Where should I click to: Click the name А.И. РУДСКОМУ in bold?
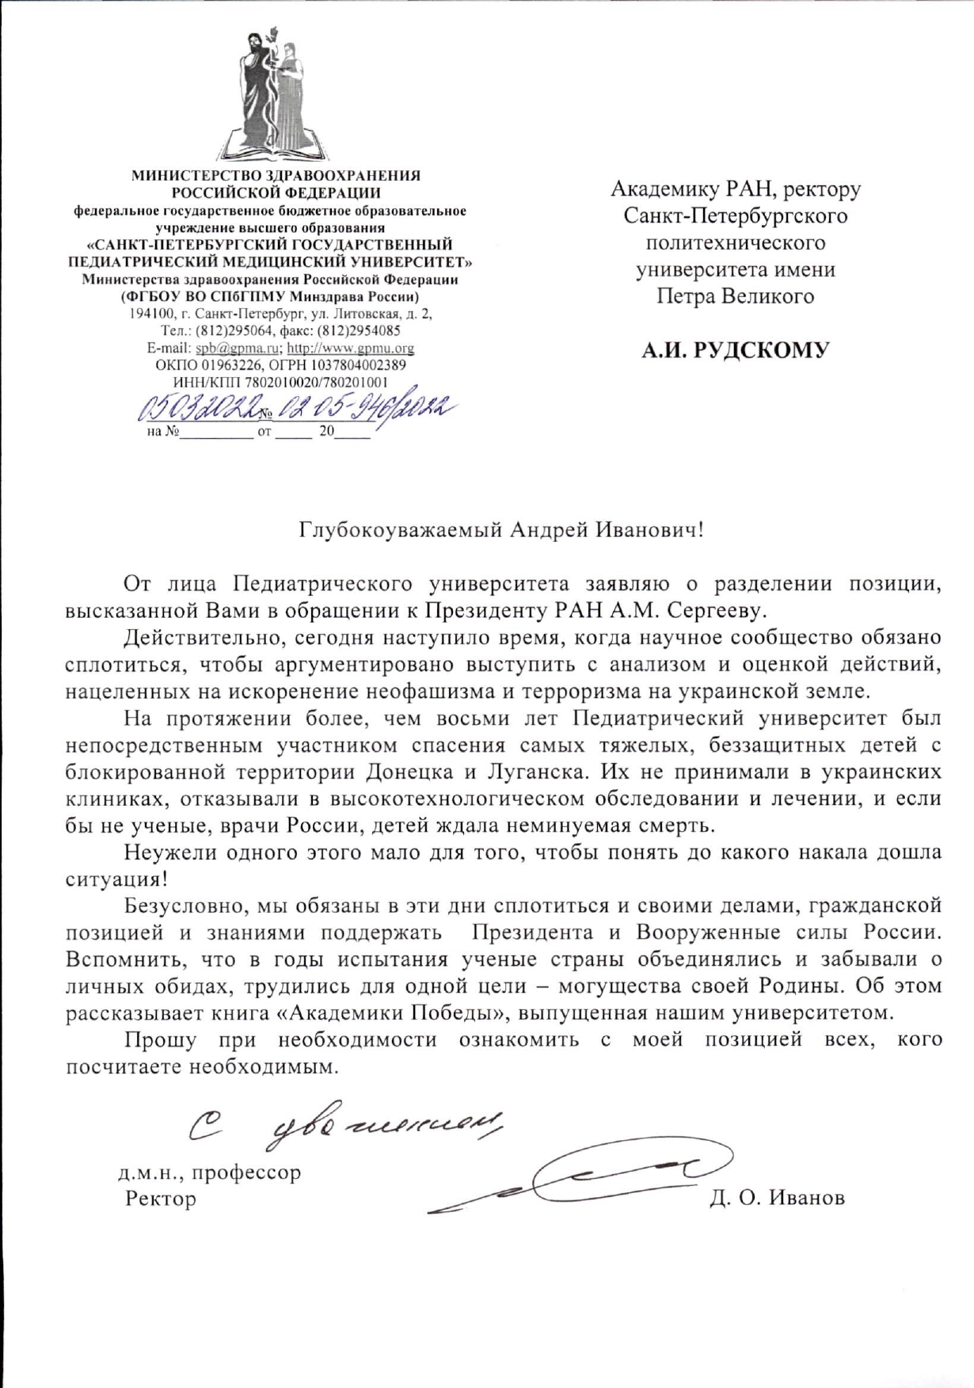[x=735, y=350]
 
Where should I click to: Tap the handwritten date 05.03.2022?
[x=198, y=410]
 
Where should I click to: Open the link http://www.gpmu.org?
[x=350, y=348]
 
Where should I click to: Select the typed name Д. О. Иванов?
[x=777, y=1198]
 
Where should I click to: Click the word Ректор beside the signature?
[x=161, y=1199]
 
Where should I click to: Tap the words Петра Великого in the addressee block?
[x=735, y=296]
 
